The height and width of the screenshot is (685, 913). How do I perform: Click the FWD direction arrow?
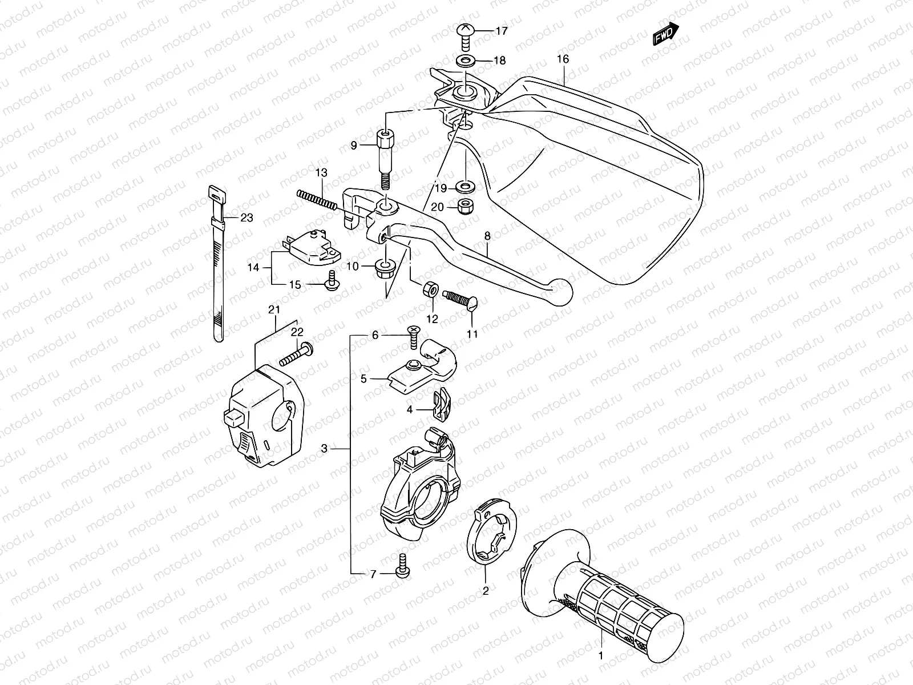coord(665,34)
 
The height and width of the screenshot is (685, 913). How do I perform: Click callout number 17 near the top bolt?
coord(501,31)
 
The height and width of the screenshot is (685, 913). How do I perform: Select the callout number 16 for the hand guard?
coord(563,59)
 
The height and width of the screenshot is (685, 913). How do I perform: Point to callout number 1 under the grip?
coord(600,656)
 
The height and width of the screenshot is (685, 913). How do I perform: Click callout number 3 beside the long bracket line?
coord(324,449)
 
